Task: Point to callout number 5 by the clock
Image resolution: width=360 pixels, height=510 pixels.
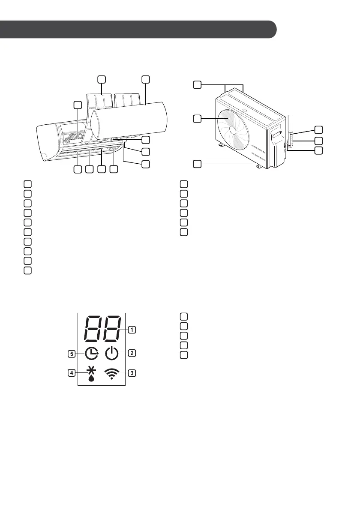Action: click(72, 354)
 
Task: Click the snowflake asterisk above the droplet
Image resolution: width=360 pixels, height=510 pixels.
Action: click(91, 369)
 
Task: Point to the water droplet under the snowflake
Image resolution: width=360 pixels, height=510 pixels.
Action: click(91, 378)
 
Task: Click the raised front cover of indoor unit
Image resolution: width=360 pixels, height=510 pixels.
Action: click(129, 118)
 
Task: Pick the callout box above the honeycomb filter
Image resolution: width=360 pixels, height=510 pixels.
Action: click(77, 105)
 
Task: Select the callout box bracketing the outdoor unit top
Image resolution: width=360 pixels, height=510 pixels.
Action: click(197, 85)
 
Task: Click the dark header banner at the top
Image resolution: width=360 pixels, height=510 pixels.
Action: click(137, 29)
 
